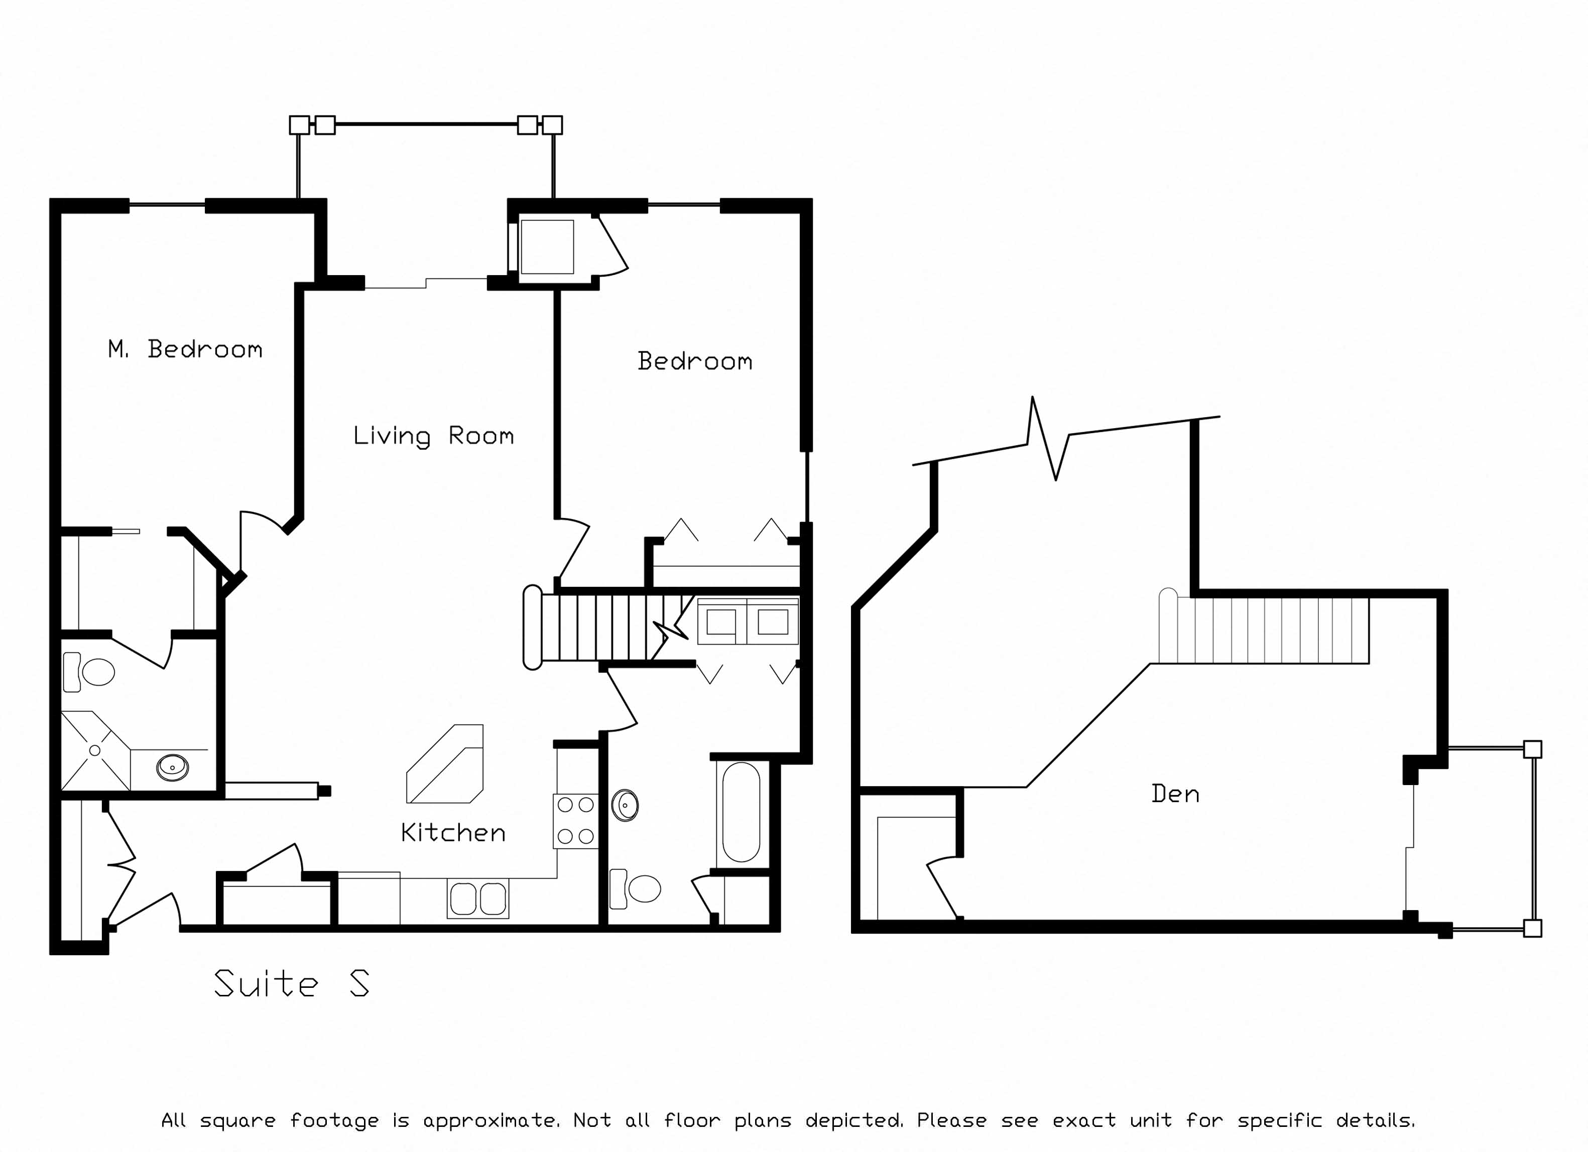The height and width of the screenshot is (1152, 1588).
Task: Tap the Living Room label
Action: coord(433,436)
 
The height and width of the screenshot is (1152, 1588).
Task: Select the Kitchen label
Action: coord(453,832)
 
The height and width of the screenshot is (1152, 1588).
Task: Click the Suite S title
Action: coord(291,983)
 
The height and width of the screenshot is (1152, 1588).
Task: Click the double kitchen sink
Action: coord(478,899)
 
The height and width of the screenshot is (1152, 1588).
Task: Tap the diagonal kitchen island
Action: coord(445,763)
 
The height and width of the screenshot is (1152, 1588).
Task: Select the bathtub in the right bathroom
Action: coord(741,812)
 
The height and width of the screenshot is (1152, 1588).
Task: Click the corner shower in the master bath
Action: coord(95,750)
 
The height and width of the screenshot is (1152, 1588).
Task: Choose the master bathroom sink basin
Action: coord(172,767)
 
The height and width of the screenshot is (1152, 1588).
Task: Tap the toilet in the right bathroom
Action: coord(635,889)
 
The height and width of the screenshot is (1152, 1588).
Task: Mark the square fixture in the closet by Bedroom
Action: coord(547,247)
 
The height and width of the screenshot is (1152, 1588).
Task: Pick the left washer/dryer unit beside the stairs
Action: coord(721,621)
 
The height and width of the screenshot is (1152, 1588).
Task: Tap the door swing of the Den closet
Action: coord(942,886)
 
